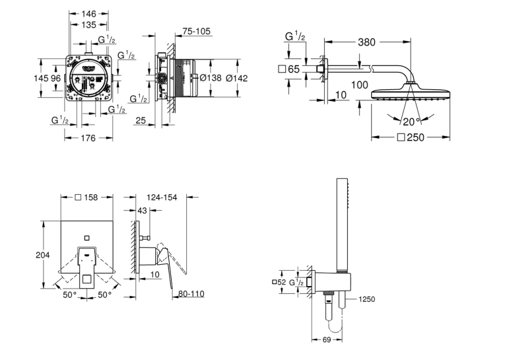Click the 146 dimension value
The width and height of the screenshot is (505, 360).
(x=88, y=13)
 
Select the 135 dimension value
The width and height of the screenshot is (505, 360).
(x=88, y=24)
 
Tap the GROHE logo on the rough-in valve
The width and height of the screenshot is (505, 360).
(x=89, y=67)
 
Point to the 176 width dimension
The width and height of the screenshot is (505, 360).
(x=88, y=138)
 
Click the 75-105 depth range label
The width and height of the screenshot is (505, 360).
(x=196, y=31)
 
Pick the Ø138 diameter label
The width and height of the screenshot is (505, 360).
(x=211, y=78)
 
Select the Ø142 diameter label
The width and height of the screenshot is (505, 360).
(x=237, y=78)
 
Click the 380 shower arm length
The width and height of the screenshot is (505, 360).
(x=366, y=42)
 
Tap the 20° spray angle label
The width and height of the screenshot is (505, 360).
(x=412, y=122)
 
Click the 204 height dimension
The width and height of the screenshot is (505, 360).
(x=43, y=255)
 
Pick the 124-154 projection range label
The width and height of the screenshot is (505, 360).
(x=162, y=198)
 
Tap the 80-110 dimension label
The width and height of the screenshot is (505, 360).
(x=191, y=293)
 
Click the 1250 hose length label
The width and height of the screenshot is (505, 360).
(x=367, y=299)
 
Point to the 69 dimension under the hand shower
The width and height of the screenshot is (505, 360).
(x=327, y=340)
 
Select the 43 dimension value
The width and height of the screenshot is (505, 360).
(x=142, y=211)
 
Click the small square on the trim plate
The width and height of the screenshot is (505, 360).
(x=86, y=238)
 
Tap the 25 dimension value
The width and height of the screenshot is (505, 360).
(x=141, y=120)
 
